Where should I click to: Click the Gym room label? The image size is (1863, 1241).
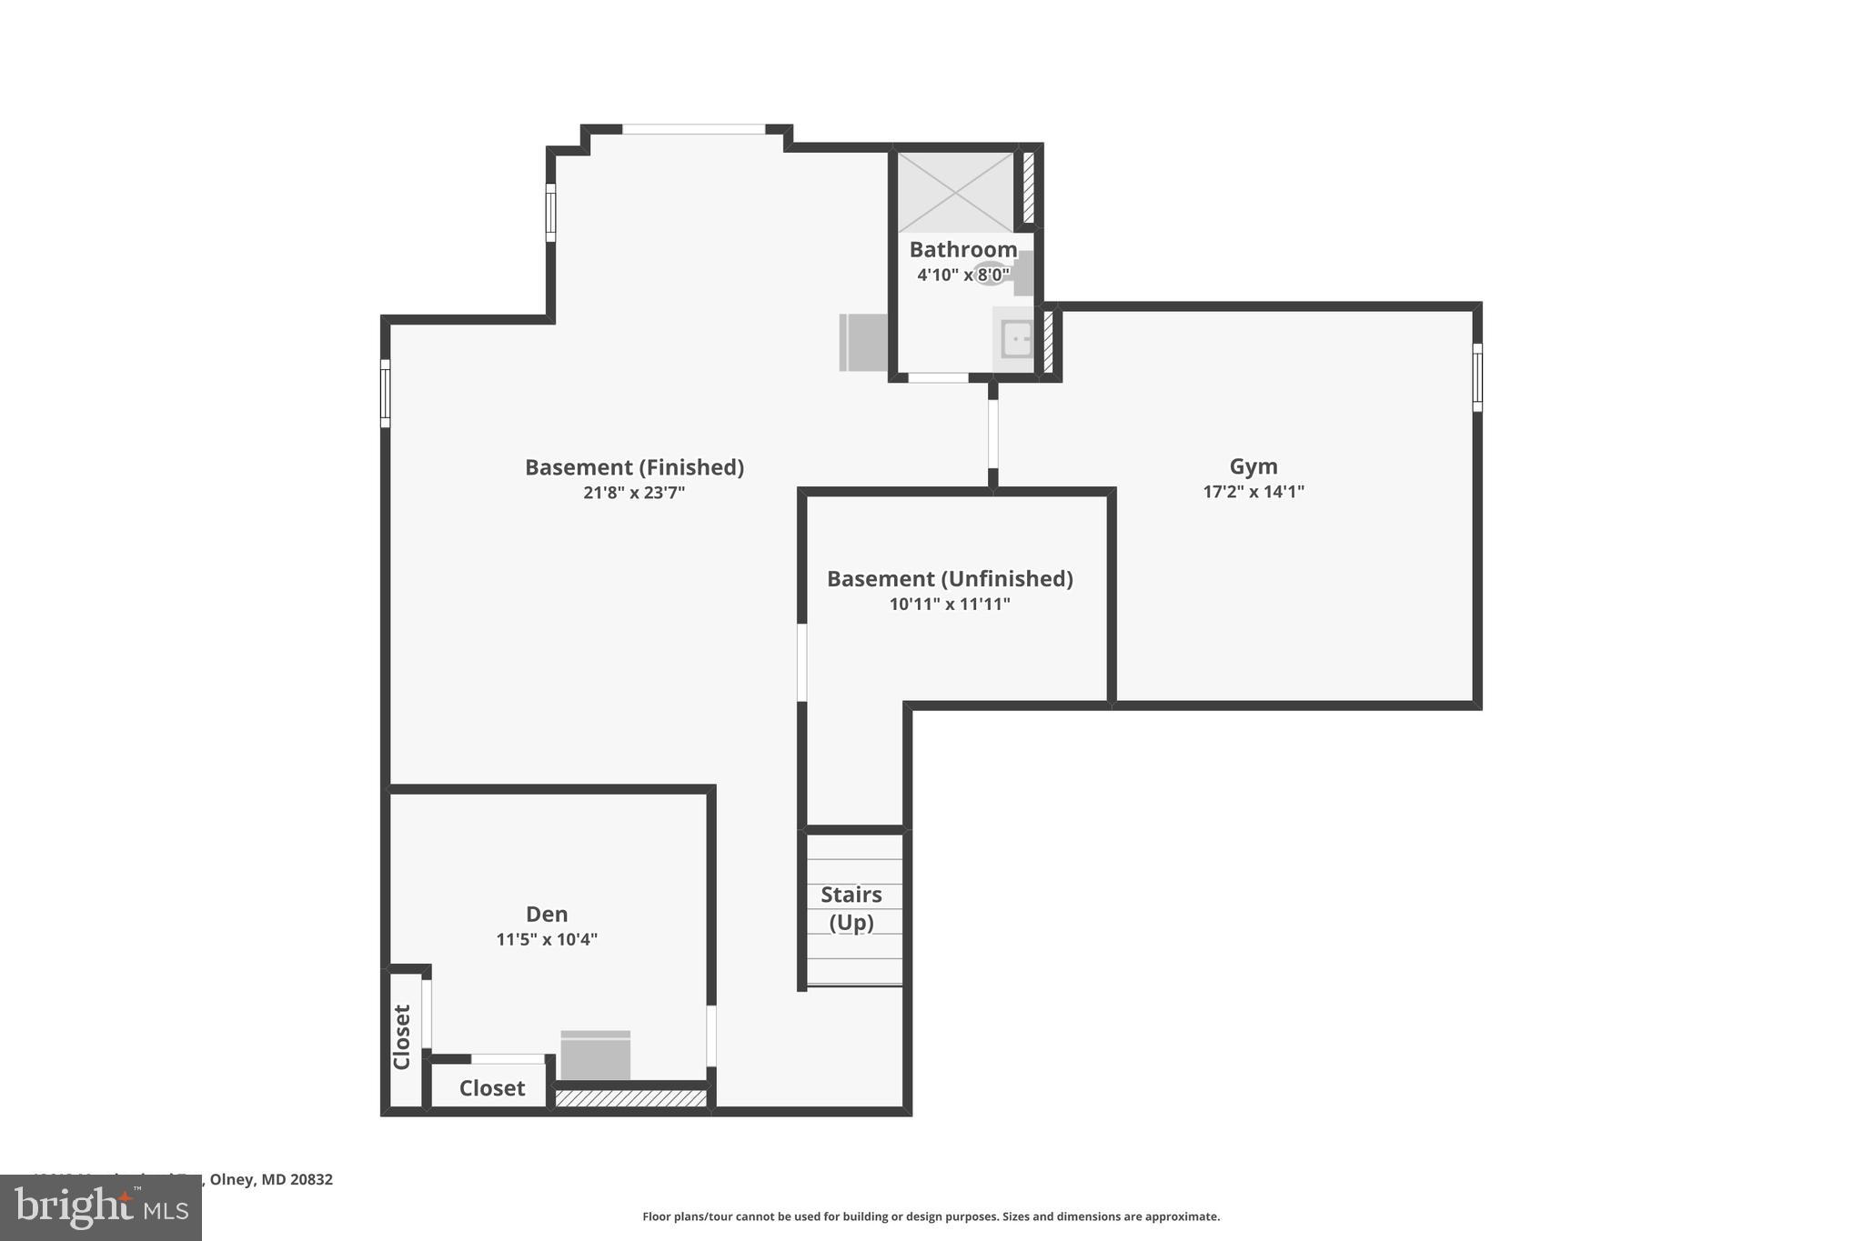coord(1253,466)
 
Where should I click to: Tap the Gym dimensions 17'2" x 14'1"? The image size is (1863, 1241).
coord(1253,492)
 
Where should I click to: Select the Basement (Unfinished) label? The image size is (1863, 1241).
coord(949,579)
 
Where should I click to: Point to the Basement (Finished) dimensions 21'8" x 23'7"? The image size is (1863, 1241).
coord(633,493)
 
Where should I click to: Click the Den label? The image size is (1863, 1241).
coord(546,914)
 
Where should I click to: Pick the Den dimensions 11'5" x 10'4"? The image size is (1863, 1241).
coord(546,939)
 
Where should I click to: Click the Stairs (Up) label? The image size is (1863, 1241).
coord(851,908)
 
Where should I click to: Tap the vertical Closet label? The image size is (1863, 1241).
coord(401,1036)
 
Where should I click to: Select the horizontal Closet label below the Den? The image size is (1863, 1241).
coord(491,1088)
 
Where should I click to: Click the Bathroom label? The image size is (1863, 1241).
coord(962,249)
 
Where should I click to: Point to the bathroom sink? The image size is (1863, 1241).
coord(1015,339)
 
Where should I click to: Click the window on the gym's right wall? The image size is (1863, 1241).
coord(1476,377)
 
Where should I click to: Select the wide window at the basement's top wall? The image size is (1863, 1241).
coord(693,129)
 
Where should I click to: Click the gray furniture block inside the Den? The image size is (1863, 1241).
coord(595,1056)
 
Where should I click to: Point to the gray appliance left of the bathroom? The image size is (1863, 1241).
coord(862,342)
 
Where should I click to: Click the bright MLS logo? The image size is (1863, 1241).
coord(101,1207)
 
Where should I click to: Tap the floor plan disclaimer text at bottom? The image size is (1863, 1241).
coord(931,1216)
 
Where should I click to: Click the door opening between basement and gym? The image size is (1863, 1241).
coord(992,434)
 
